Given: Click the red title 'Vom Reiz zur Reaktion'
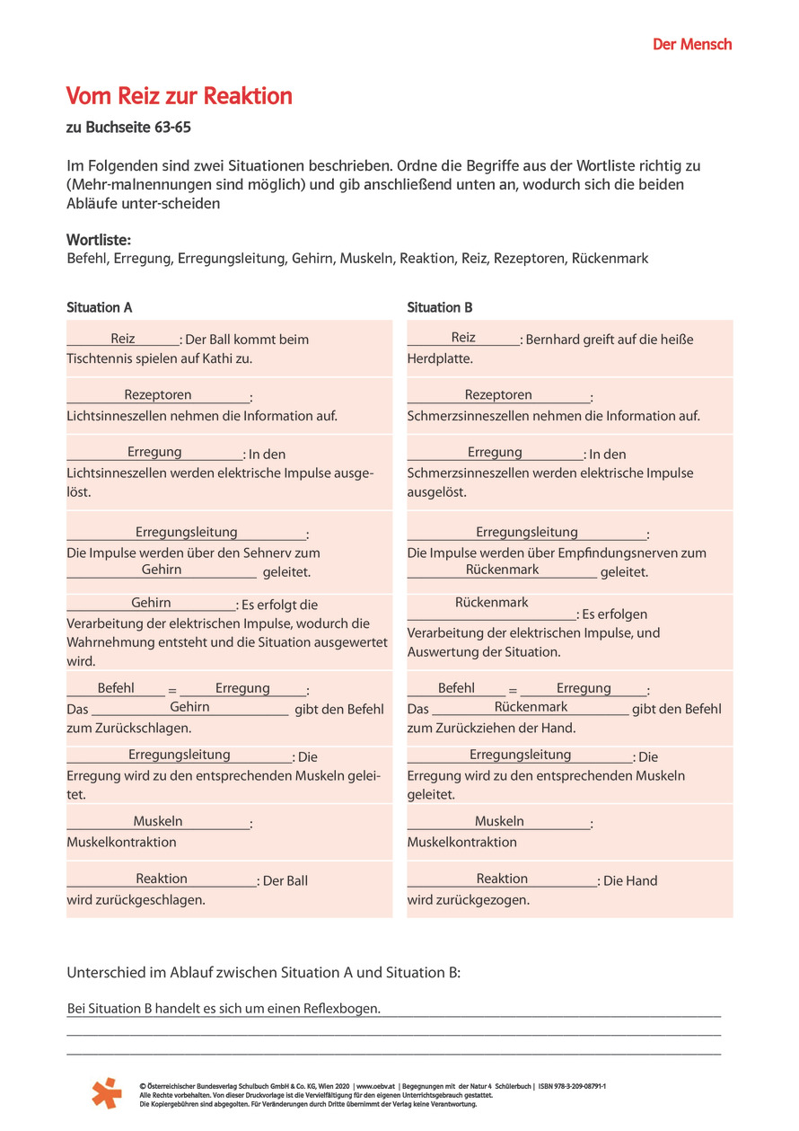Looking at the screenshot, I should pos(180,96).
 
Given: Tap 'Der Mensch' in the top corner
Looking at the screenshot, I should pos(691,44).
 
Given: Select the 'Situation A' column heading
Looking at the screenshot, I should pos(100,307).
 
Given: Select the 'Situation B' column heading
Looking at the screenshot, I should pos(440,307).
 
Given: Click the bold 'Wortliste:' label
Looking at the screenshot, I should pos(99,241).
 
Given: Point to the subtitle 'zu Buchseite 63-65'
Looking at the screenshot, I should pos(128,128).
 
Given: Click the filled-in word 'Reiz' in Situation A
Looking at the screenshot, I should pos(123,339).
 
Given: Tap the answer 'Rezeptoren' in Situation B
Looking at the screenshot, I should pos(498,395).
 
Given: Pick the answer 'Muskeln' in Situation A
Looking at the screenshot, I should pos(158,821).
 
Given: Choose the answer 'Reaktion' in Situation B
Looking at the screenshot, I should pos(502,879).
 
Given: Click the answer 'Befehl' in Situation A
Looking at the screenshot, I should pos(116,688).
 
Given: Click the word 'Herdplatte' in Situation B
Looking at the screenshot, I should pos(440,358).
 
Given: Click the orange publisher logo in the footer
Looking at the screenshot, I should pos(107,1092).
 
